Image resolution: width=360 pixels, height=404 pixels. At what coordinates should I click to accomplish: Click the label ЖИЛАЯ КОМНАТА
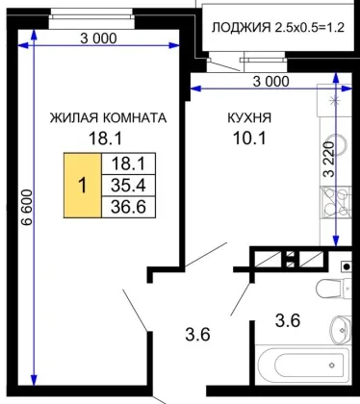click(108, 118)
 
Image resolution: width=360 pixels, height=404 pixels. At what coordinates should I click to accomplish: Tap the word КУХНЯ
click(249, 118)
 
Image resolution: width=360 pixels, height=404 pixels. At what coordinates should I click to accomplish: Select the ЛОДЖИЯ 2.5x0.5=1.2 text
click(278, 28)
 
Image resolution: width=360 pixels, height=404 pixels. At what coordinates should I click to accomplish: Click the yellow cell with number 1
click(83, 186)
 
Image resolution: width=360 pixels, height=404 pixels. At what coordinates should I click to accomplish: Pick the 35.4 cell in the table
click(128, 186)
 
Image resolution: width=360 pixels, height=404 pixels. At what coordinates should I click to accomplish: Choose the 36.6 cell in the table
click(128, 207)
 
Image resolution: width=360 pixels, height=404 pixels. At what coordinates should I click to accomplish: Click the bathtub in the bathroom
click(304, 365)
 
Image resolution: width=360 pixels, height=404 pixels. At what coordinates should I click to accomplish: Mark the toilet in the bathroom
click(333, 288)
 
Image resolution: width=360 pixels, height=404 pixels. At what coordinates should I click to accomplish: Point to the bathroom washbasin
click(341, 330)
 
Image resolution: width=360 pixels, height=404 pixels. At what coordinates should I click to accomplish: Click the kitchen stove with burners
click(336, 202)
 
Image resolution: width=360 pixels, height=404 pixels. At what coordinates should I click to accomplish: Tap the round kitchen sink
click(340, 146)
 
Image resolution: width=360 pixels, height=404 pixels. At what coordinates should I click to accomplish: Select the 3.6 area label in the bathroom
click(288, 320)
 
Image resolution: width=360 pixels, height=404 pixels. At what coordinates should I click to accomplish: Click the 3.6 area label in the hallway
click(197, 335)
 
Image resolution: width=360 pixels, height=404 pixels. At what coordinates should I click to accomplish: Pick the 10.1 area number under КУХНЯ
click(249, 139)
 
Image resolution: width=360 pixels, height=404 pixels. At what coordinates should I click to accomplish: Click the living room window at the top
click(91, 18)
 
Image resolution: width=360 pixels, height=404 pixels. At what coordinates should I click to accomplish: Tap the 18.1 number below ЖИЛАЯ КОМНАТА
click(105, 139)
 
